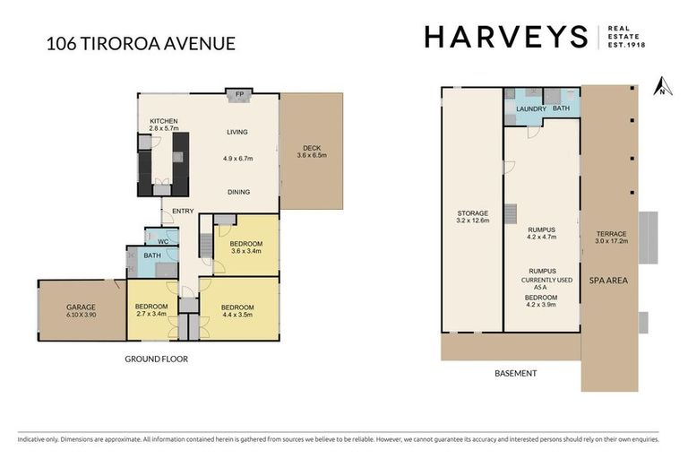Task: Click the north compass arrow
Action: click(661, 85)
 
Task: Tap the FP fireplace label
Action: click(239, 94)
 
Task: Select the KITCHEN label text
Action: click(164, 121)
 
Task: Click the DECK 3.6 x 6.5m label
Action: click(312, 152)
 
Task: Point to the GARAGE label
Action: click(81, 310)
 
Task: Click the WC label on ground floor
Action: click(162, 240)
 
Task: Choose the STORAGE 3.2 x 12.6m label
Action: click(471, 215)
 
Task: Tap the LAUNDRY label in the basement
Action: click(531, 109)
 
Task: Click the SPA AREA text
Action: click(608, 280)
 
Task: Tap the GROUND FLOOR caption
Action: click(156, 359)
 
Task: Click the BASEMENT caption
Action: click(516, 373)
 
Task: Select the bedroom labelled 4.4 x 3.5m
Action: click(238, 310)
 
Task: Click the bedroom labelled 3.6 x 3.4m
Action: click(246, 247)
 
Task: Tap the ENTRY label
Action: click(183, 211)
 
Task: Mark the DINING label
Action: click(237, 192)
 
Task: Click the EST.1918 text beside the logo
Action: click(627, 44)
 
